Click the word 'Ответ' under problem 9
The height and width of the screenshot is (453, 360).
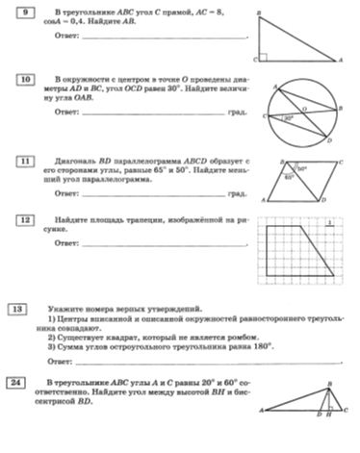pos(67,37)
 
